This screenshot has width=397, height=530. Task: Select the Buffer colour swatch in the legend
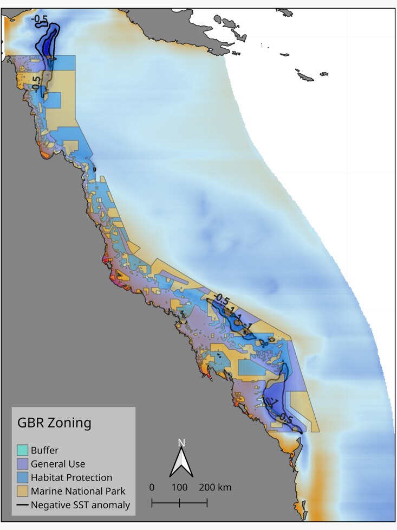[x=22, y=450]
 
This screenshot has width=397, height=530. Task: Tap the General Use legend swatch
[x=22, y=464]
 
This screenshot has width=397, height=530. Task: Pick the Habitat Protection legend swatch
[x=22, y=478]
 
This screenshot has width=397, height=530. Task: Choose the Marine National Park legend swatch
[x=22, y=491]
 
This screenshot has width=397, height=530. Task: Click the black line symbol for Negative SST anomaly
[x=22, y=506]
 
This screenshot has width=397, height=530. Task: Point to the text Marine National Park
[x=78, y=491]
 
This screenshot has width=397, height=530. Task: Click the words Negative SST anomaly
[x=80, y=506]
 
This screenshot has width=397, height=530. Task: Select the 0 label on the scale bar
[x=152, y=487]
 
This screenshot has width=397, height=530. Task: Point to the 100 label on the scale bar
[x=179, y=487]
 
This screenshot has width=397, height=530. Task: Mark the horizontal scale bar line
[x=179, y=503]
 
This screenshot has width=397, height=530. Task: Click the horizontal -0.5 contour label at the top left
[x=40, y=20]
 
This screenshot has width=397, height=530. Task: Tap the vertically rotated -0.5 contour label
[x=36, y=84]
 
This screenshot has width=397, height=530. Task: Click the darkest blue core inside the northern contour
[x=49, y=44]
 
